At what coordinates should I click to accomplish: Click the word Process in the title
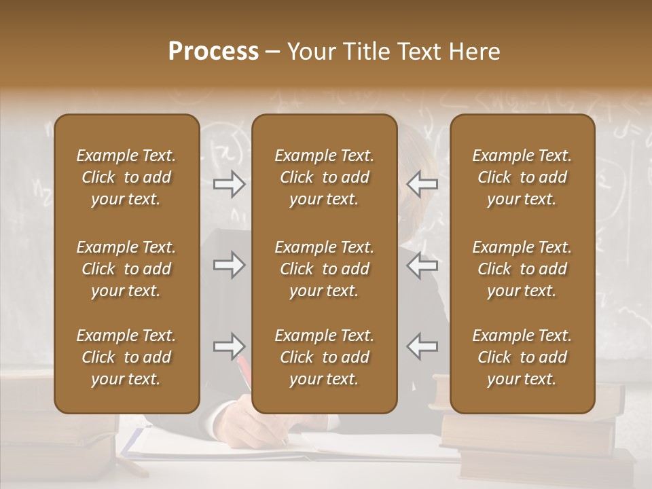[x=213, y=52]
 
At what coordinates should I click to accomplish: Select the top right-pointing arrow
[x=230, y=184]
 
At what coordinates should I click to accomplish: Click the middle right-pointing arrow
[x=230, y=265]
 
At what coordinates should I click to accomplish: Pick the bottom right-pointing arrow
[x=230, y=346]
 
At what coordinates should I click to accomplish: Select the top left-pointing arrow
[x=422, y=184]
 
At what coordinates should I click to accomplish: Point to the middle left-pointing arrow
[x=422, y=265]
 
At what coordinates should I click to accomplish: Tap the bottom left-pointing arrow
[x=422, y=346]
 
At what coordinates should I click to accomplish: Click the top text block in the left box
[x=126, y=177]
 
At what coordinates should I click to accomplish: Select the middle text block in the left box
[x=126, y=269]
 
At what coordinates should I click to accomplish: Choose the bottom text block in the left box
[x=126, y=357]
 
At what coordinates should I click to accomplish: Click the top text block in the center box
[x=325, y=177]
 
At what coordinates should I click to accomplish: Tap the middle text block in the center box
[x=325, y=269]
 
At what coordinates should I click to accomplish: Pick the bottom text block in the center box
[x=325, y=357]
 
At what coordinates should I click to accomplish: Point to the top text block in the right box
[x=522, y=177]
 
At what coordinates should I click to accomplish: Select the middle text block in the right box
[x=522, y=269]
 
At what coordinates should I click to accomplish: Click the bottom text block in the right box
[x=522, y=357]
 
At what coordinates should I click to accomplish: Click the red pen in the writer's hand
[x=244, y=369]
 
